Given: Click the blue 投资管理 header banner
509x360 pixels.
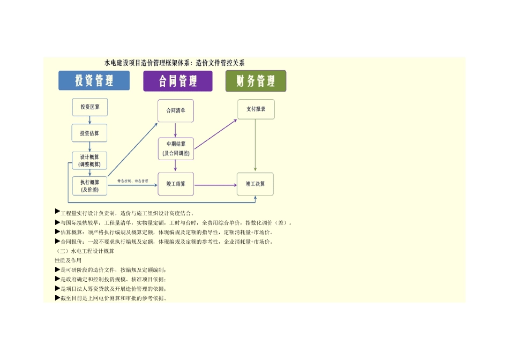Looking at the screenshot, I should coord(94,81).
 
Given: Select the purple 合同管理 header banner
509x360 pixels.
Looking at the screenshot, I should coord(177,81).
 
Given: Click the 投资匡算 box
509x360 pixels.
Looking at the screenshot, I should coord(90,107).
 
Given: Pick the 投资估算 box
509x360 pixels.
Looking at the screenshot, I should coord(90,133).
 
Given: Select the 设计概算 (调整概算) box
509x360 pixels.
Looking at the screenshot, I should coord(90,160).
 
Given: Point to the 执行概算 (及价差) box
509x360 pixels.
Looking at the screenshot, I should coord(90,185).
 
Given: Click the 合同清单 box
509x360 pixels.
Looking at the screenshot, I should coord(175,111).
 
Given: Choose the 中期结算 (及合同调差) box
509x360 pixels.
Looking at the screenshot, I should coord(175,149).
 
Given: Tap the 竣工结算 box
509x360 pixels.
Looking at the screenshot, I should coord(175,184).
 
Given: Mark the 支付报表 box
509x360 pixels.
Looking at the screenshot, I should coord(256,109).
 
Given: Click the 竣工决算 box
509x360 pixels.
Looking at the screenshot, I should coord(256,184).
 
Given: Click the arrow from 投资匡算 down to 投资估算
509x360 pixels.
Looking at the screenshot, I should coord(90,120).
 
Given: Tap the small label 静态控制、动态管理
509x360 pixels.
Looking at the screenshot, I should coord(133,181).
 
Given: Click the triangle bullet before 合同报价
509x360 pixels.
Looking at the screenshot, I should coord(57,241).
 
